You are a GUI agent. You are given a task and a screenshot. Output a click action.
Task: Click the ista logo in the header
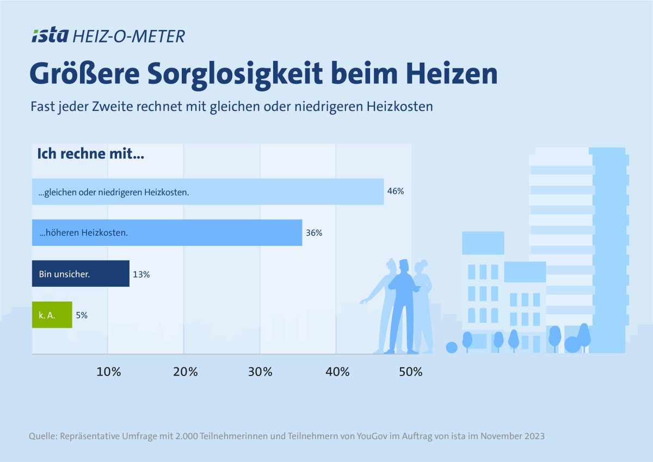50,36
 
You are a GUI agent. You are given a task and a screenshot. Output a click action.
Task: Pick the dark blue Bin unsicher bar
81,274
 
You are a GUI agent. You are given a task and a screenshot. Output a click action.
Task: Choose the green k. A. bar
52,315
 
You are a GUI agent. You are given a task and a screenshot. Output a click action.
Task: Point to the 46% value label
395,192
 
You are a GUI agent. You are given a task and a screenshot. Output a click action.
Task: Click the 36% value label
314,233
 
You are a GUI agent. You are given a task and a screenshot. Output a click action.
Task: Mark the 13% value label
141,274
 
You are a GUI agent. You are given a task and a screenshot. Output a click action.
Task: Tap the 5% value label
82,315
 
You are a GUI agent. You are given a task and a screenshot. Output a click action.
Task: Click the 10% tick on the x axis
108,372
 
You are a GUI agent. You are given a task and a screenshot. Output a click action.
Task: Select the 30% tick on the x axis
260,372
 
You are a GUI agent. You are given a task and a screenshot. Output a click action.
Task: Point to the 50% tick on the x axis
411,372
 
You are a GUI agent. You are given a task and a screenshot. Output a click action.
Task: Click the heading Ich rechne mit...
90,154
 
